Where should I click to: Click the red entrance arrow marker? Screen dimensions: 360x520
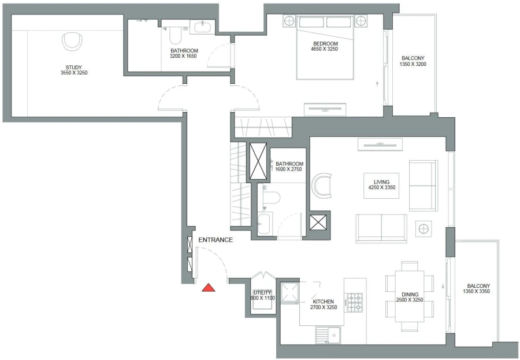click(209, 287)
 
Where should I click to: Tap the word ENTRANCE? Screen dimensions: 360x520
click(216, 240)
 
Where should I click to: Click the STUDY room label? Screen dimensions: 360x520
click(73, 66)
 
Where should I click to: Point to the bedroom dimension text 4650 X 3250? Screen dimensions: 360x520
click(325, 50)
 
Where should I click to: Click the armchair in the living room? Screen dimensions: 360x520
click(322, 185)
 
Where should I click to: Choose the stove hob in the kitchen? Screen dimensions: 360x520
click(354, 300)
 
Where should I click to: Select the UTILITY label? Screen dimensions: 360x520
click(262, 292)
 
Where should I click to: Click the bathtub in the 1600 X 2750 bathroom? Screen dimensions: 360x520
click(266, 224)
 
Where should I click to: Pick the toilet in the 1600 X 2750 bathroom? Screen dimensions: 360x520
click(270, 198)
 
